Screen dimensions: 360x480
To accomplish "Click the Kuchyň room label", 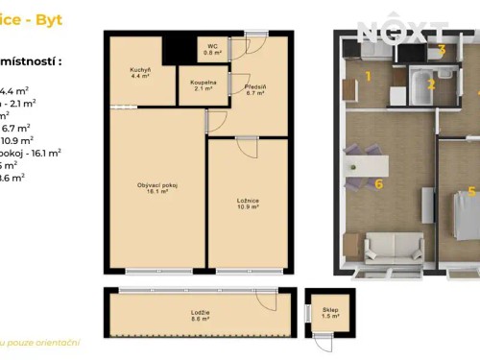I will pyautogui.click(x=141, y=74).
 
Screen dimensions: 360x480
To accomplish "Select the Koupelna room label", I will pyautogui.click(x=203, y=85).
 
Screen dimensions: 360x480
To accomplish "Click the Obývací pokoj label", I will pyautogui.click(x=158, y=187).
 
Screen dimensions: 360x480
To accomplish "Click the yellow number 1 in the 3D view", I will pyautogui.click(x=367, y=76).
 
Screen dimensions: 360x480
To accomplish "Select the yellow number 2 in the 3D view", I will pyautogui.click(x=431, y=84).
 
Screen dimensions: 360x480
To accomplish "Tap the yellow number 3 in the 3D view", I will pyautogui.click(x=442, y=49).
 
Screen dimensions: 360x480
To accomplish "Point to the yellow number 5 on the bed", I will pyautogui.click(x=471, y=192).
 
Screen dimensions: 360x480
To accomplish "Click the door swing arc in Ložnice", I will pyautogui.click(x=248, y=149).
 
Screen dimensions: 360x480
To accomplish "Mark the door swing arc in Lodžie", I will pyautogui.click(x=266, y=300).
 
